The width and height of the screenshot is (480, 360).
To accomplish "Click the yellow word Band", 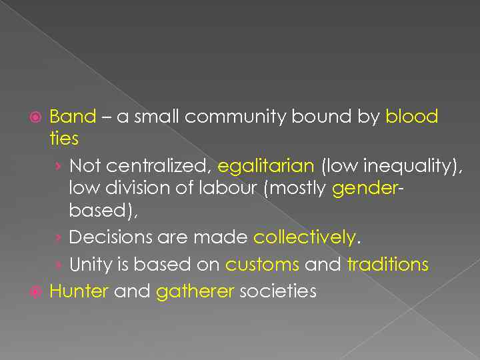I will coord(73,117).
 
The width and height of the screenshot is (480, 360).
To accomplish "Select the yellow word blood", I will coord(411,117).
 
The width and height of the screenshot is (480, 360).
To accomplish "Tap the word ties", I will coord(64,139).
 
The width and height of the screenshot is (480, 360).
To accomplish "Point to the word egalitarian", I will coord(265,165).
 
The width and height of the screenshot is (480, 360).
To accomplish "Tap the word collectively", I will coord(305,237).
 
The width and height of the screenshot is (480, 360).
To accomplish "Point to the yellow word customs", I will coord(262,265).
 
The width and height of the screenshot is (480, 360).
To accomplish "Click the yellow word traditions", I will coord(387,265).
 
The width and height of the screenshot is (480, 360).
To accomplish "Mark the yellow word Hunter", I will coord(79,291).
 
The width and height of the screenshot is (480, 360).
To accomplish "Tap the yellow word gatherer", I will coord(194,292).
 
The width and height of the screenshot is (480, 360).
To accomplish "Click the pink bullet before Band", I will coord(39,117).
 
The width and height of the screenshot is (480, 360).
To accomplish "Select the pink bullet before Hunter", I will coord(39,292).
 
